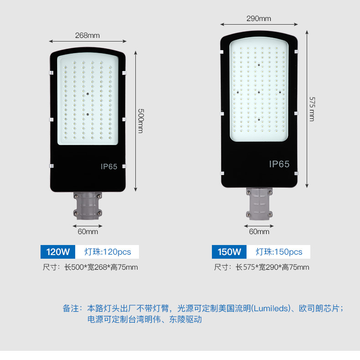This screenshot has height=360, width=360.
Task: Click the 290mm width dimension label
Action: point(258,19)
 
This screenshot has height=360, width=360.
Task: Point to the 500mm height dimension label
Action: point(140,120)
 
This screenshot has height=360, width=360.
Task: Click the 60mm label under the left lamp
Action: point(87,231)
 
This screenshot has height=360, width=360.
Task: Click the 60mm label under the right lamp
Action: point(259,231)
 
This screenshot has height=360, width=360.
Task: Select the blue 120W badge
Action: point(58,252)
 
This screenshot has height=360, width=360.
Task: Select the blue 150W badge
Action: point(229,252)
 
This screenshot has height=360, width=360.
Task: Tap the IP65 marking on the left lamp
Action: point(109,167)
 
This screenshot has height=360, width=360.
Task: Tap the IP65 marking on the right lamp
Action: point(279,164)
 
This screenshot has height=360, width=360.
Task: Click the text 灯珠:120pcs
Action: point(108,252)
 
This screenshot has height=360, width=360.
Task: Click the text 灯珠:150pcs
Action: point(279,252)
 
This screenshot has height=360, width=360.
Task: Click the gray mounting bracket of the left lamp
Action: point(87,205)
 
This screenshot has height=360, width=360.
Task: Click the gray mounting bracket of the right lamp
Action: point(259,203)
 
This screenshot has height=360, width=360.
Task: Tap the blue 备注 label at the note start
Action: point(71,308)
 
